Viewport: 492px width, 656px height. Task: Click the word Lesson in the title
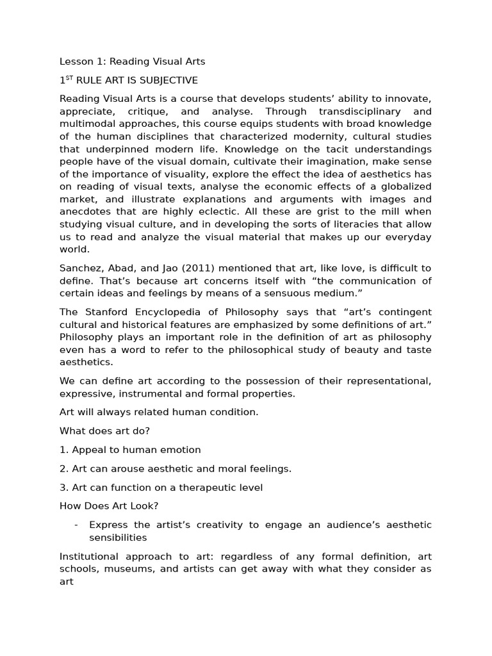point(76,61)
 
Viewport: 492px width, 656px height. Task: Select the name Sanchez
point(80,268)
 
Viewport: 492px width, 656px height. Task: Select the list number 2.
point(63,468)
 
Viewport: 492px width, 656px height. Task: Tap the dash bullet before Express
point(76,525)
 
